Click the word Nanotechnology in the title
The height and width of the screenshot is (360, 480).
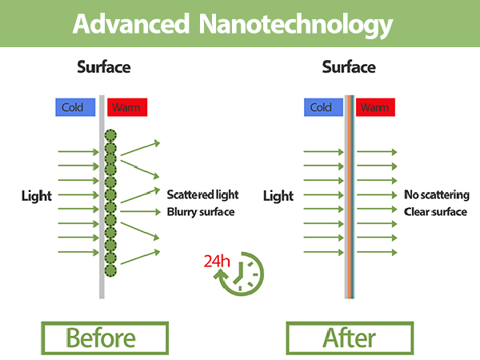pos(296,26)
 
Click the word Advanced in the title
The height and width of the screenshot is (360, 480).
pos(131,24)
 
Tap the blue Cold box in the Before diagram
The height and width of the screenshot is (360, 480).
pos(75,107)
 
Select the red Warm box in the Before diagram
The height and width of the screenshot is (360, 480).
pos(127,107)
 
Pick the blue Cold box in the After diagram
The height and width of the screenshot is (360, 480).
pos(323,107)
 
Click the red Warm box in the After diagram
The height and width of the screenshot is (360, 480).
pos(375,107)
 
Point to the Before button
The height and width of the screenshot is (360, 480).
pos(105,338)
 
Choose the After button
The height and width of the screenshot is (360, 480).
pos(350,338)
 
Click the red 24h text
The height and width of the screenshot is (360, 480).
pos(217,261)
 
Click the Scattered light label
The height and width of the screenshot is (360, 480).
pos(202,194)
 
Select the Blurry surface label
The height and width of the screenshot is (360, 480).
pos(201,212)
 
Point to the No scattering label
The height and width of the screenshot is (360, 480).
pos(437,194)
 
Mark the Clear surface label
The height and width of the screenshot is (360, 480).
pos(435,212)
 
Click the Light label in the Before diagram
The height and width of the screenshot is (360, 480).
pos(37,196)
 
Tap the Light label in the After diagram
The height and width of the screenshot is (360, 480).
pos(278,196)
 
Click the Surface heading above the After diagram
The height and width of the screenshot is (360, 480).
pos(349,67)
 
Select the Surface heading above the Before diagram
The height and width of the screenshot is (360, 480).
pos(104,67)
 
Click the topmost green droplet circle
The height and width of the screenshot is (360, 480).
pos(110,136)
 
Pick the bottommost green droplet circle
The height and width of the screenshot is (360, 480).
pos(110,270)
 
